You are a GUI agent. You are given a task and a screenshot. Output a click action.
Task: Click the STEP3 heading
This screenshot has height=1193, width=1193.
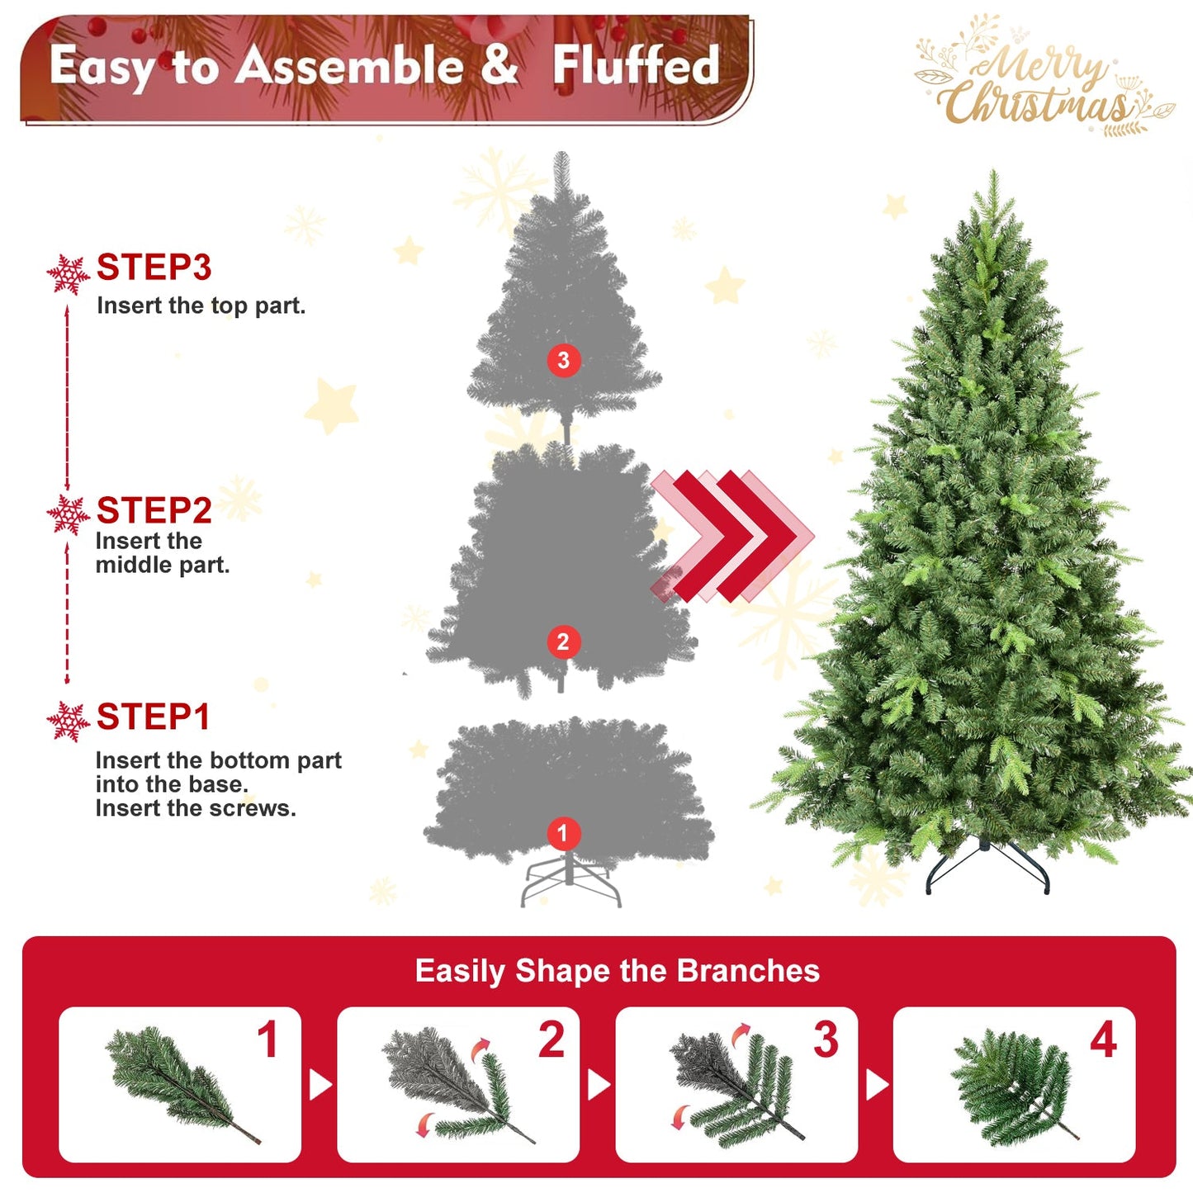coord(154,267)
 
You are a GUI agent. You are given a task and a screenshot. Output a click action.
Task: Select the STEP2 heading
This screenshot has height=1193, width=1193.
coord(154,511)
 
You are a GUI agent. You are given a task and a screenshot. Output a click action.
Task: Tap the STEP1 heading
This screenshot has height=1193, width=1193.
coord(153,717)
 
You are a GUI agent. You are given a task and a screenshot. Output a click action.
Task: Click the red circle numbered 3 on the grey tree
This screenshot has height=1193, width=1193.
coord(563,360)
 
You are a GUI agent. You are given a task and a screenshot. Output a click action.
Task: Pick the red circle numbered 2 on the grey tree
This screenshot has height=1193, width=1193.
coord(563,641)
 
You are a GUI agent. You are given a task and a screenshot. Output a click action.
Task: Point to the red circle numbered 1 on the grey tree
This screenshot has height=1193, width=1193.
coord(563,833)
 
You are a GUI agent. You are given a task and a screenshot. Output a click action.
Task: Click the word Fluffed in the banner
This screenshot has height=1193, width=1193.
coord(636,66)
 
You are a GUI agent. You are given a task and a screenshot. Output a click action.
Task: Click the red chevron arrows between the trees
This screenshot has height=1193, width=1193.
coord(731,536)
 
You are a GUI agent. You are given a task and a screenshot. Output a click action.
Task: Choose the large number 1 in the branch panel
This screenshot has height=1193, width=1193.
coord(267,1040)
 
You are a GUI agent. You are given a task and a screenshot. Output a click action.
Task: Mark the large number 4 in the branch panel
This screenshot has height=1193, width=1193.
coord(1103,1040)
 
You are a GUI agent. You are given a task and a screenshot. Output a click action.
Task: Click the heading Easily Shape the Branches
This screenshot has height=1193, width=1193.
coord(617,971)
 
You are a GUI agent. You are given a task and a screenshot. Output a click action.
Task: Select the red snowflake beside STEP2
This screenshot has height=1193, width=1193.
coord(68,515)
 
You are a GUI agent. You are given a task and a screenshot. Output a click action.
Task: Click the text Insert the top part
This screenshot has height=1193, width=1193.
coord(201,306)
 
